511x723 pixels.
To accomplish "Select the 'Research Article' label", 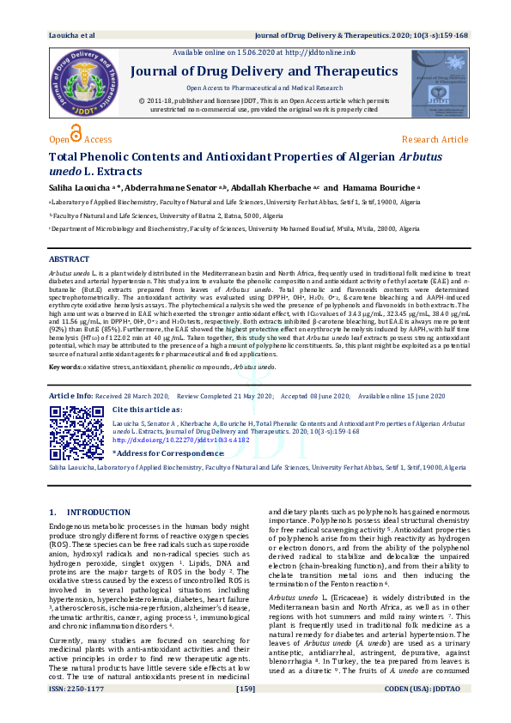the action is [435, 139].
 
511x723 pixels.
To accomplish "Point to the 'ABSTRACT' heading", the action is [69, 258].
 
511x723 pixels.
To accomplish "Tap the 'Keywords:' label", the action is [67, 366].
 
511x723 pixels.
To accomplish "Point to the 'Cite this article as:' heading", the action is [149, 410].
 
